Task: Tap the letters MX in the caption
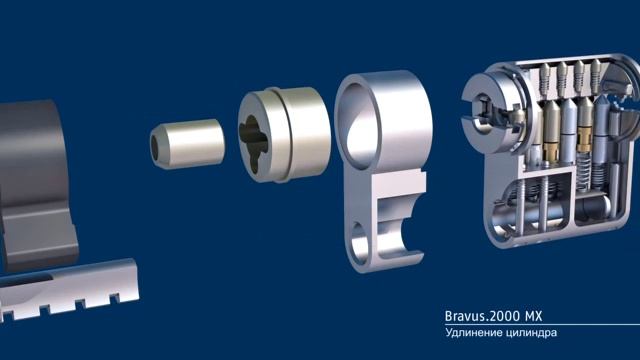click(x=534, y=316)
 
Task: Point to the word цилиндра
click(x=531, y=333)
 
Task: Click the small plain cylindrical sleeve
click(x=187, y=144)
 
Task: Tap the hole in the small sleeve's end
click(x=156, y=147)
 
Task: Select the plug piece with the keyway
click(x=284, y=134)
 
